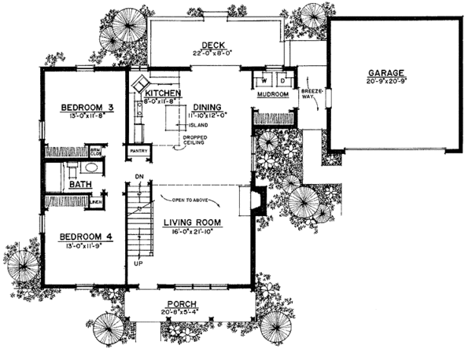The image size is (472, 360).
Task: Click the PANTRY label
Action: click(138, 149)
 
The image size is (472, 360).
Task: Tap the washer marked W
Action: click(264, 81)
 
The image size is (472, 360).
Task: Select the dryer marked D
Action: click(282, 81)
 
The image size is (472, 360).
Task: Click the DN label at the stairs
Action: click(138, 175)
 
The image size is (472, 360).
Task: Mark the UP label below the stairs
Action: click(138, 264)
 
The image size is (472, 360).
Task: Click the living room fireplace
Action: click(256, 201)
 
